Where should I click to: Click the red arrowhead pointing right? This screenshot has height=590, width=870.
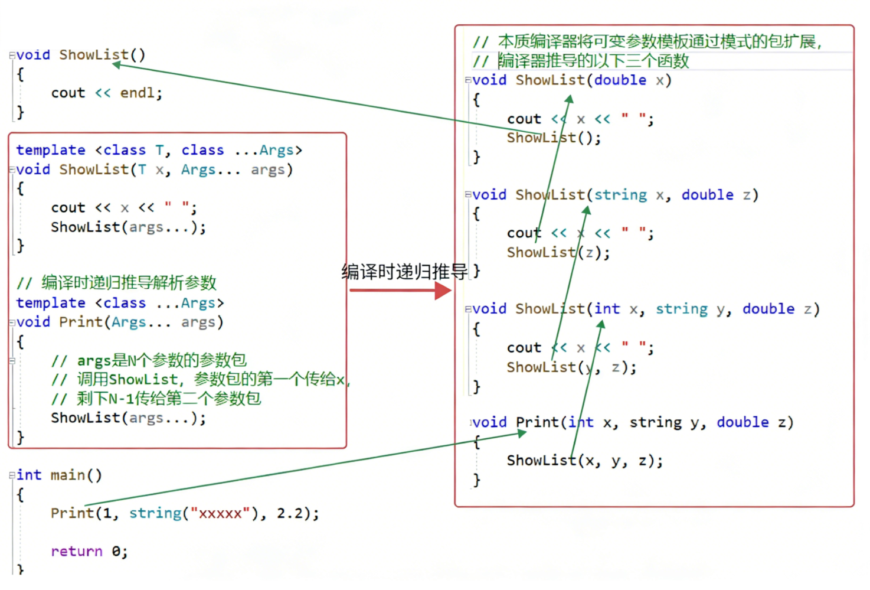tap(443, 291)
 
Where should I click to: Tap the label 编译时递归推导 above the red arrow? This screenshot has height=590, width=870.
tap(404, 272)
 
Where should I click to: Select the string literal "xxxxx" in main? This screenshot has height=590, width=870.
tap(220, 513)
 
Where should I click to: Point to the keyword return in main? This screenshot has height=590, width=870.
tap(77, 551)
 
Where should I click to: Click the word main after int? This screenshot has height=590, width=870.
tap(68, 475)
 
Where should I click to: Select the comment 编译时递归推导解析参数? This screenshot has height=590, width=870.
tap(129, 282)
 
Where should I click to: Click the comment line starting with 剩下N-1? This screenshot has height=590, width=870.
tap(169, 399)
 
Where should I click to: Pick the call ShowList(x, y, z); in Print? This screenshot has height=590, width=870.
tap(584, 461)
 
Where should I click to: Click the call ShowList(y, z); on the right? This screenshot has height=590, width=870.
tap(571, 367)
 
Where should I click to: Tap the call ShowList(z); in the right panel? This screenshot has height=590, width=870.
tap(558, 253)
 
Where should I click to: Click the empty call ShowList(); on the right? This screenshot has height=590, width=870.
tap(554, 138)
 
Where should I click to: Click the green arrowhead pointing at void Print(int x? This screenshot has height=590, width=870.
tap(521, 433)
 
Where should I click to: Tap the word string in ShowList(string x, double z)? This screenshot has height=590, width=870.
tap(620, 195)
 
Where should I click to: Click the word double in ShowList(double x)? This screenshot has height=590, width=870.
tap(620, 80)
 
